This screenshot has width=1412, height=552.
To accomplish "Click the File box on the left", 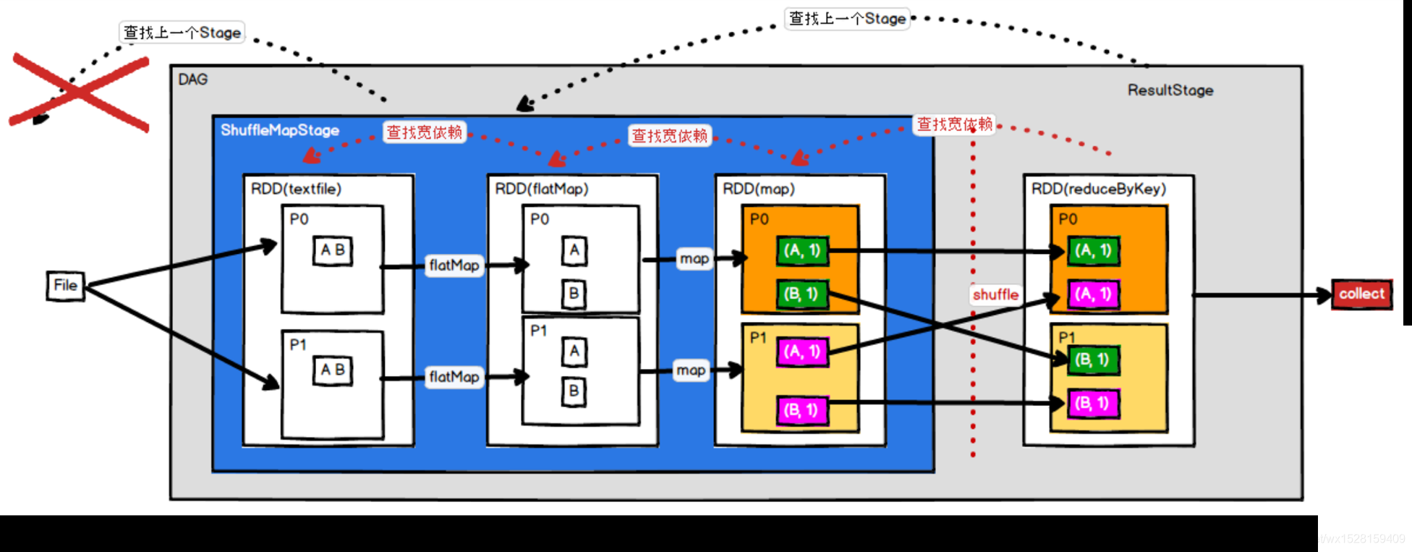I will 65,286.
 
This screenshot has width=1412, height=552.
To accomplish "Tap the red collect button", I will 1361,294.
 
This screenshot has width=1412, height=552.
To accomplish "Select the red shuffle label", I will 995,294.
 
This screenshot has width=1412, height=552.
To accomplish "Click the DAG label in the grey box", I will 193,80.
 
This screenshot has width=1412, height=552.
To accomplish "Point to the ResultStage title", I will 1170,90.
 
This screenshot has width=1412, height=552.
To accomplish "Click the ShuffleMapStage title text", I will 280,130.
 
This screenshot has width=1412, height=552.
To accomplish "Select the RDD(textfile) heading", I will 296,189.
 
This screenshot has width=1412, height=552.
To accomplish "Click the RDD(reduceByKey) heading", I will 1098,189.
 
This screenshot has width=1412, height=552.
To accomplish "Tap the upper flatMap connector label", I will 454,266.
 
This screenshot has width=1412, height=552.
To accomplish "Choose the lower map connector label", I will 691,370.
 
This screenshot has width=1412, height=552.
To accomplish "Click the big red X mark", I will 80,92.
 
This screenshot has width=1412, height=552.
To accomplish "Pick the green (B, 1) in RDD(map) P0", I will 801,294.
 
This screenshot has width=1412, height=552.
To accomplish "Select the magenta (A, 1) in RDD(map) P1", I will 802,352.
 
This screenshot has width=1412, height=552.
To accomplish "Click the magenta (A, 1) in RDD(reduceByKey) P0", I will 1093,294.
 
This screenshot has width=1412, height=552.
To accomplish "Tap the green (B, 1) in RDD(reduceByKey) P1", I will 1093,360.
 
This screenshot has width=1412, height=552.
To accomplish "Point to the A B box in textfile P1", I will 333,370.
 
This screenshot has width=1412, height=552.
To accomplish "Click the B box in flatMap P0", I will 574,293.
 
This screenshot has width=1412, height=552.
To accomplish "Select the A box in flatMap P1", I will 574,352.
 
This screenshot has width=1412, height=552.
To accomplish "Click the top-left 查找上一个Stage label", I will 182,33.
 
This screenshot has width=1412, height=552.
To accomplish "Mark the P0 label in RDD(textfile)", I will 299,219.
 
